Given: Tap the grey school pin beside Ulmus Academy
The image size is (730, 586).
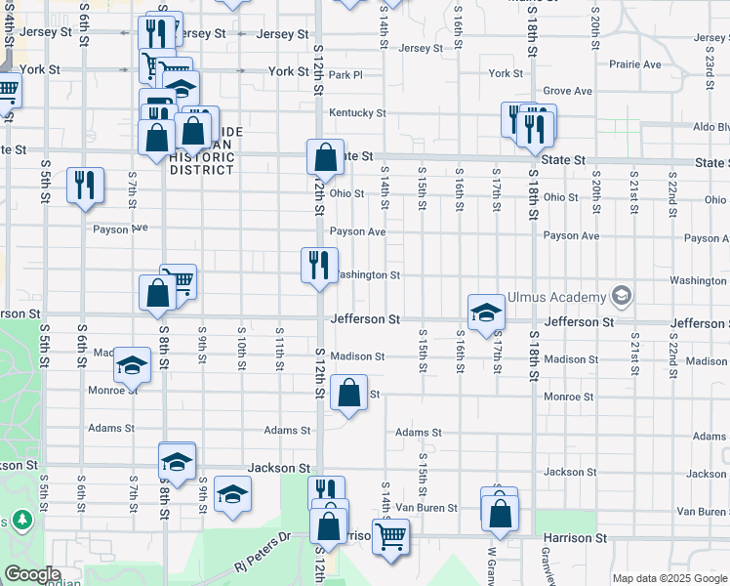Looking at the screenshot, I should coord(620,296).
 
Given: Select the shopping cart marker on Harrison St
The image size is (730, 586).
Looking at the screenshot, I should coord(390,535).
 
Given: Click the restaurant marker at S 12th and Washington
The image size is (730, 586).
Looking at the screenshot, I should coord(319,264).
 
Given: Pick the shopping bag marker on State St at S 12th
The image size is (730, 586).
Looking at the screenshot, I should coord(325,157).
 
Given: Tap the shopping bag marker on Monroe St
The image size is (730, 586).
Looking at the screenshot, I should coord(348,394).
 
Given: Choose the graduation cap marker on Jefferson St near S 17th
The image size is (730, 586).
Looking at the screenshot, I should coord(485,313).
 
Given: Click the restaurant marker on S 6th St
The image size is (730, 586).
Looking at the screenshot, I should coord(85,185).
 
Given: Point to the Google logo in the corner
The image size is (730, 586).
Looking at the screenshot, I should coord(33,574).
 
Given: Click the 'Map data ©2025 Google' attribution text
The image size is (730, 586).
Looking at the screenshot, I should coord(669,578).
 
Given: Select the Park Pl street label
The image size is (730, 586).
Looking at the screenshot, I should coord(345,74).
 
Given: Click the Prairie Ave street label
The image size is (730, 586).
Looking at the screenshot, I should coord(635,64).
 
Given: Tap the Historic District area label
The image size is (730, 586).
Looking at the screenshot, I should coord(203,156).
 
